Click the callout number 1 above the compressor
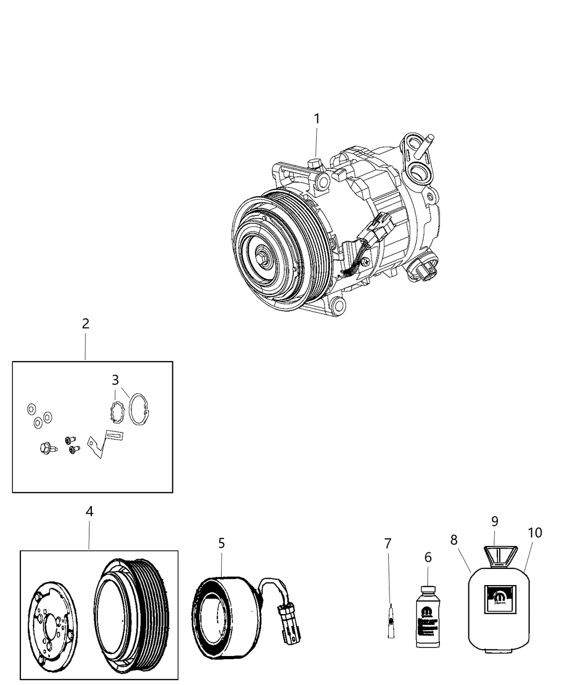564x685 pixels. [316, 118]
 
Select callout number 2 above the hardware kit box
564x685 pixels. [85, 324]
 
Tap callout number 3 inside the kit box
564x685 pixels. [115, 380]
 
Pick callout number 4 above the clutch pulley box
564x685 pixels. [90, 511]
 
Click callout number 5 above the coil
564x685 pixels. [221, 543]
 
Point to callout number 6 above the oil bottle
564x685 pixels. [428, 558]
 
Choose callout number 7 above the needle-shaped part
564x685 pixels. [388, 543]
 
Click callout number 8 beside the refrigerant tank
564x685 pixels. [454, 540]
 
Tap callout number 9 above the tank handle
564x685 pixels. [495, 521]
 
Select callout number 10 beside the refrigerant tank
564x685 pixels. [534, 532]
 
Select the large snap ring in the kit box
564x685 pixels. [141, 409]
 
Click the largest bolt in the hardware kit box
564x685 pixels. [46, 447]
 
